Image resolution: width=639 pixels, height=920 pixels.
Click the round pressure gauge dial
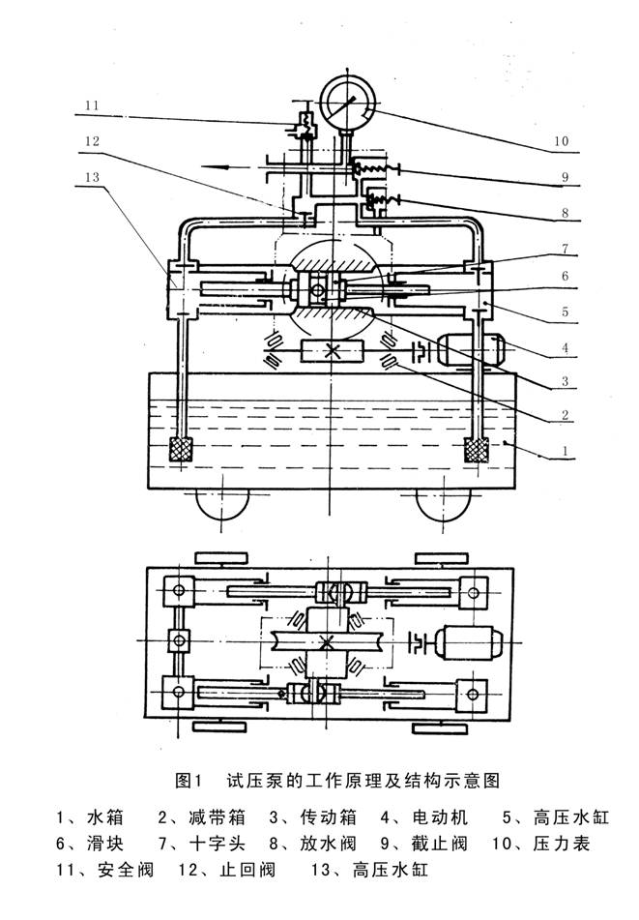(x=345, y=99)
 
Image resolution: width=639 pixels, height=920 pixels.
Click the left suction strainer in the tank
(x=180, y=450)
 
